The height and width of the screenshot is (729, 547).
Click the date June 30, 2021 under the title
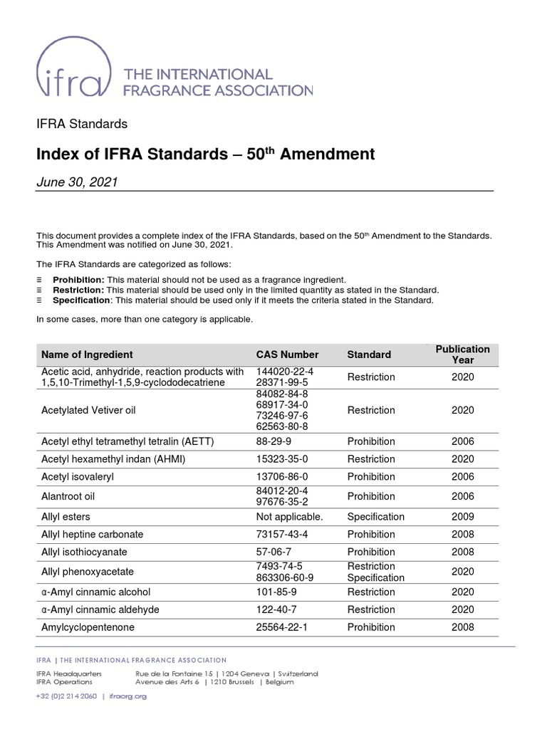pyautogui.click(x=77, y=182)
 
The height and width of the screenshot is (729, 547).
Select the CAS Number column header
pyautogui.click(x=287, y=355)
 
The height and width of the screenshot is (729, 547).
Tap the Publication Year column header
pyautogui.click(x=462, y=355)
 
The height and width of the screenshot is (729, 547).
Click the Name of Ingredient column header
pyautogui.click(x=87, y=355)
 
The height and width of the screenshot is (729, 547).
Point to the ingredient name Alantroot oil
pyautogui.click(x=69, y=496)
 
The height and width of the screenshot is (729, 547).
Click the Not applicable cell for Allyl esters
pyautogui.click(x=289, y=517)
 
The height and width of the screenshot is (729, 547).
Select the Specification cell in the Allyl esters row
pyautogui.click(x=375, y=517)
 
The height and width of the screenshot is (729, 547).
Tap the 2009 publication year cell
pyautogui.click(x=462, y=517)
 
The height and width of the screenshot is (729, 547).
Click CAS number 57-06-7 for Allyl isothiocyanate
pyautogui.click(x=273, y=552)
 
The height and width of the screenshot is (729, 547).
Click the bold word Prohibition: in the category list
pyautogui.click(x=79, y=280)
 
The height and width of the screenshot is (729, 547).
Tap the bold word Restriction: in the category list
pyautogui.click(x=78, y=290)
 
